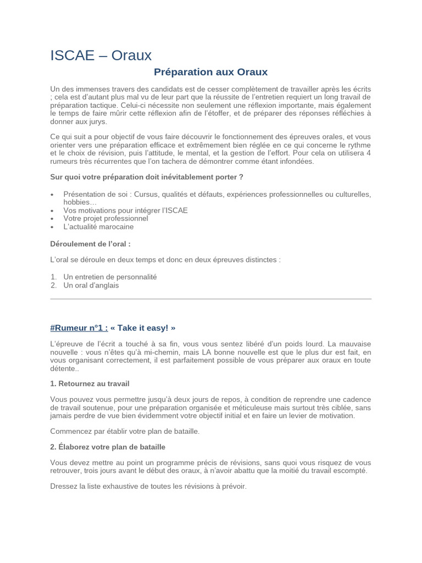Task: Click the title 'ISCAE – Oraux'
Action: pos(101,56)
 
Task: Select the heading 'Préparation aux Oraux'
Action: pos(210,72)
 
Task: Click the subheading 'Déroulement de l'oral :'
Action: pos(90,244)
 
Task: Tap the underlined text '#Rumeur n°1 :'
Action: pos(79,328)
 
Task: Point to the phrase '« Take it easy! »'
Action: pos(143,328)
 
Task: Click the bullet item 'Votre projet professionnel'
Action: pos(105,218)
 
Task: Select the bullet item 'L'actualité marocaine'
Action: pos(98,227)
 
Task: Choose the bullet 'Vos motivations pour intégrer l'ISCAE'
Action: pos(125,210)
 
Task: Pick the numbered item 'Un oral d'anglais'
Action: pos(91,285)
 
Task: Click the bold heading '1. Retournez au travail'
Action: pos(90,383)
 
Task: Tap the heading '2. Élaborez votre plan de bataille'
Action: pos(108,447)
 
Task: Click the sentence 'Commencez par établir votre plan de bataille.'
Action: pos(125,431)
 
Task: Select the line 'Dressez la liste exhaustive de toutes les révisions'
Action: pos(148,487)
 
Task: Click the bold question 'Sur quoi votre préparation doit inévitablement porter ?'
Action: pos(146,177)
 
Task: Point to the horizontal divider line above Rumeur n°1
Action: pos(210,299)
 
